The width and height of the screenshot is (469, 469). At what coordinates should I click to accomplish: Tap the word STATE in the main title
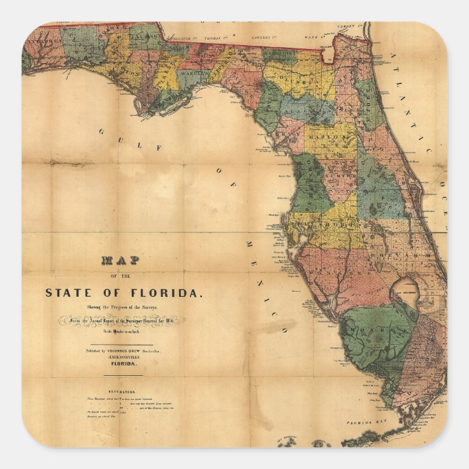click(68, 293)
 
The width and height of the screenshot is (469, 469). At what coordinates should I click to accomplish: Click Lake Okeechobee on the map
click(407, 291)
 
